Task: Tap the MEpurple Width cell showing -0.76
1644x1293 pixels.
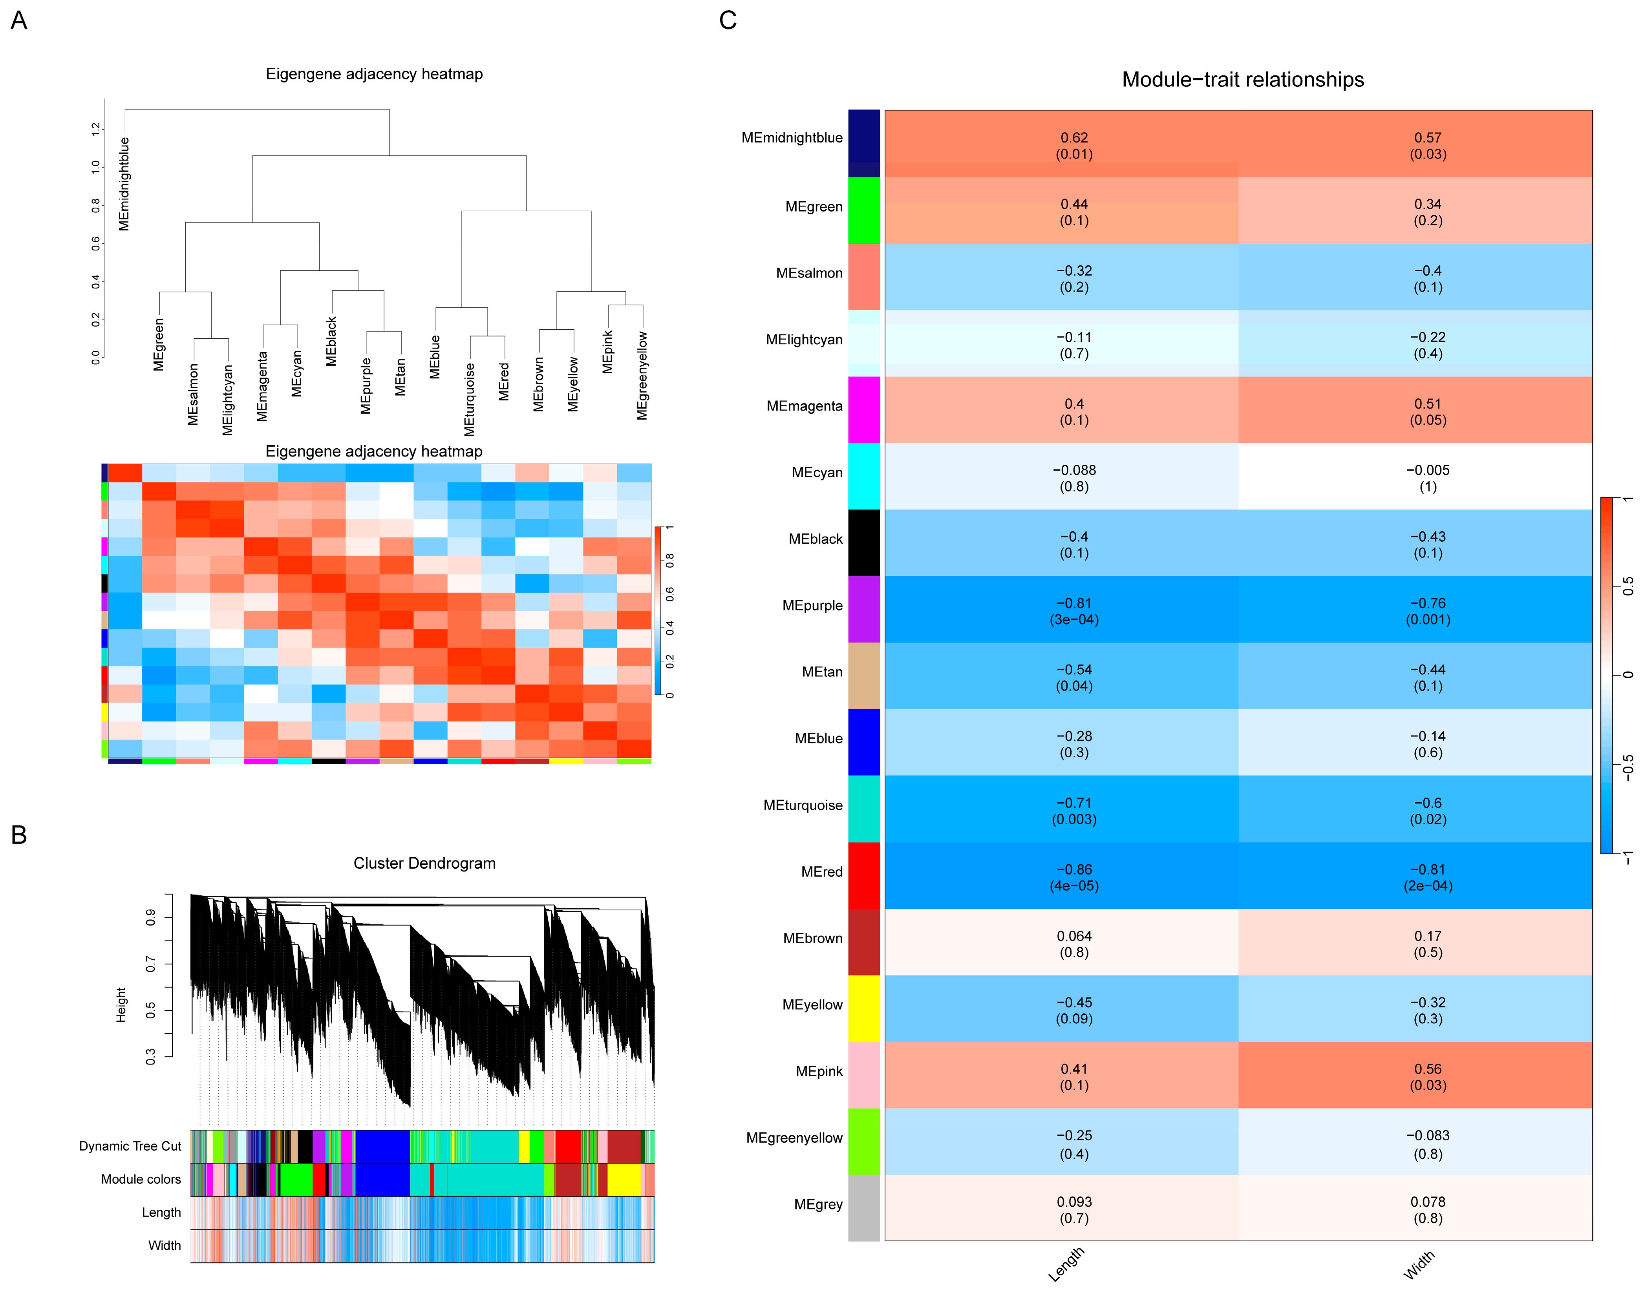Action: click(1427, 610)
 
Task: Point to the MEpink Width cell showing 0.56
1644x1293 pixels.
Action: click(1427, 1076)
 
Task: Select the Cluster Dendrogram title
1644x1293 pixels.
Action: click(424, 863)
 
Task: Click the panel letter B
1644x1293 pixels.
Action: click(19, 835)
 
